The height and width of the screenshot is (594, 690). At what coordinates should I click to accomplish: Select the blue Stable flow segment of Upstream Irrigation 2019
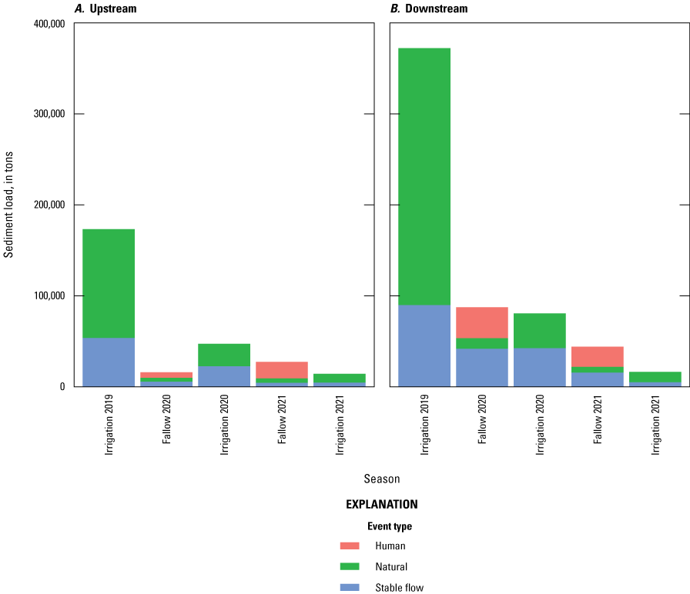pos(109,362)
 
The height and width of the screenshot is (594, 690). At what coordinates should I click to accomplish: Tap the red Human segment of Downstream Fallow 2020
pos(482,322)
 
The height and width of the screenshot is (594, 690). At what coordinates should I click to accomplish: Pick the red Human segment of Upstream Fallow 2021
pos(282,370)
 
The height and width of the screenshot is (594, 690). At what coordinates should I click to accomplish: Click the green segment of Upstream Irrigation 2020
pos(224,355)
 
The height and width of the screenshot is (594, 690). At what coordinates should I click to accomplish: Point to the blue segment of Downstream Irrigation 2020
pos(540,367)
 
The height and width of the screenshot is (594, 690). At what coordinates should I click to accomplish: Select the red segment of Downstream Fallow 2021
pos(598,356)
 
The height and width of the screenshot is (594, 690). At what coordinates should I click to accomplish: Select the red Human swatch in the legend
pos(350,546)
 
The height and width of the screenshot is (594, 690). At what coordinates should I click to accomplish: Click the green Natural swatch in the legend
pos(350,566)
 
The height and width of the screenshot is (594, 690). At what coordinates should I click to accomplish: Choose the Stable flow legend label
pos(399,588)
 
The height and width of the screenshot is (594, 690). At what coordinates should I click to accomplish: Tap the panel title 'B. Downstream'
pos(429,8)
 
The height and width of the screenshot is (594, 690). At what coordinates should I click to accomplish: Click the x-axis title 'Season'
pos(381,479)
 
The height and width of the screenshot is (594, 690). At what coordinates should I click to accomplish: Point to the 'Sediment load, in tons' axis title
pos(9,204)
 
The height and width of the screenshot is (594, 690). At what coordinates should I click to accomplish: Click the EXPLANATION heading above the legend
pos(381,505)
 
